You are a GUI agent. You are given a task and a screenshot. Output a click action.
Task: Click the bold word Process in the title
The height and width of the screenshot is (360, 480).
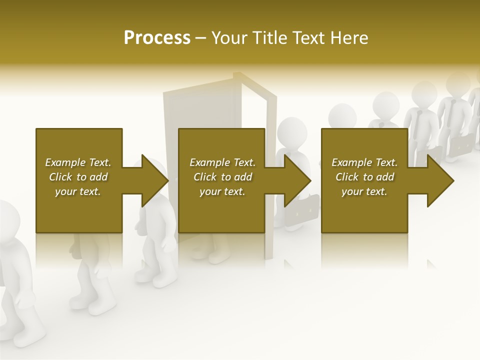point(157,37)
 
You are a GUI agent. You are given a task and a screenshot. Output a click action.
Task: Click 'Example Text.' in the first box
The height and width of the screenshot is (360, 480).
point(78,162)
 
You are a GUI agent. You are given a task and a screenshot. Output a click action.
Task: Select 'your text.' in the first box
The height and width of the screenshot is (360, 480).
point(78,191)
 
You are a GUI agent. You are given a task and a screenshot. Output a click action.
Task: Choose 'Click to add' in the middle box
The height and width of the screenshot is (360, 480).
point(222,177)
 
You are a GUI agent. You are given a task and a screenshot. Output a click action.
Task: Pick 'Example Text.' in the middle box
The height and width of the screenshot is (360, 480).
point(222,162)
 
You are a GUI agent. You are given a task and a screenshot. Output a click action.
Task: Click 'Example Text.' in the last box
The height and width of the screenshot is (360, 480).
point(364,162)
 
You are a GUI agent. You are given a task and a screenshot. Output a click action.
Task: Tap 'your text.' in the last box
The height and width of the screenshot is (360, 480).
point(364,191)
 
